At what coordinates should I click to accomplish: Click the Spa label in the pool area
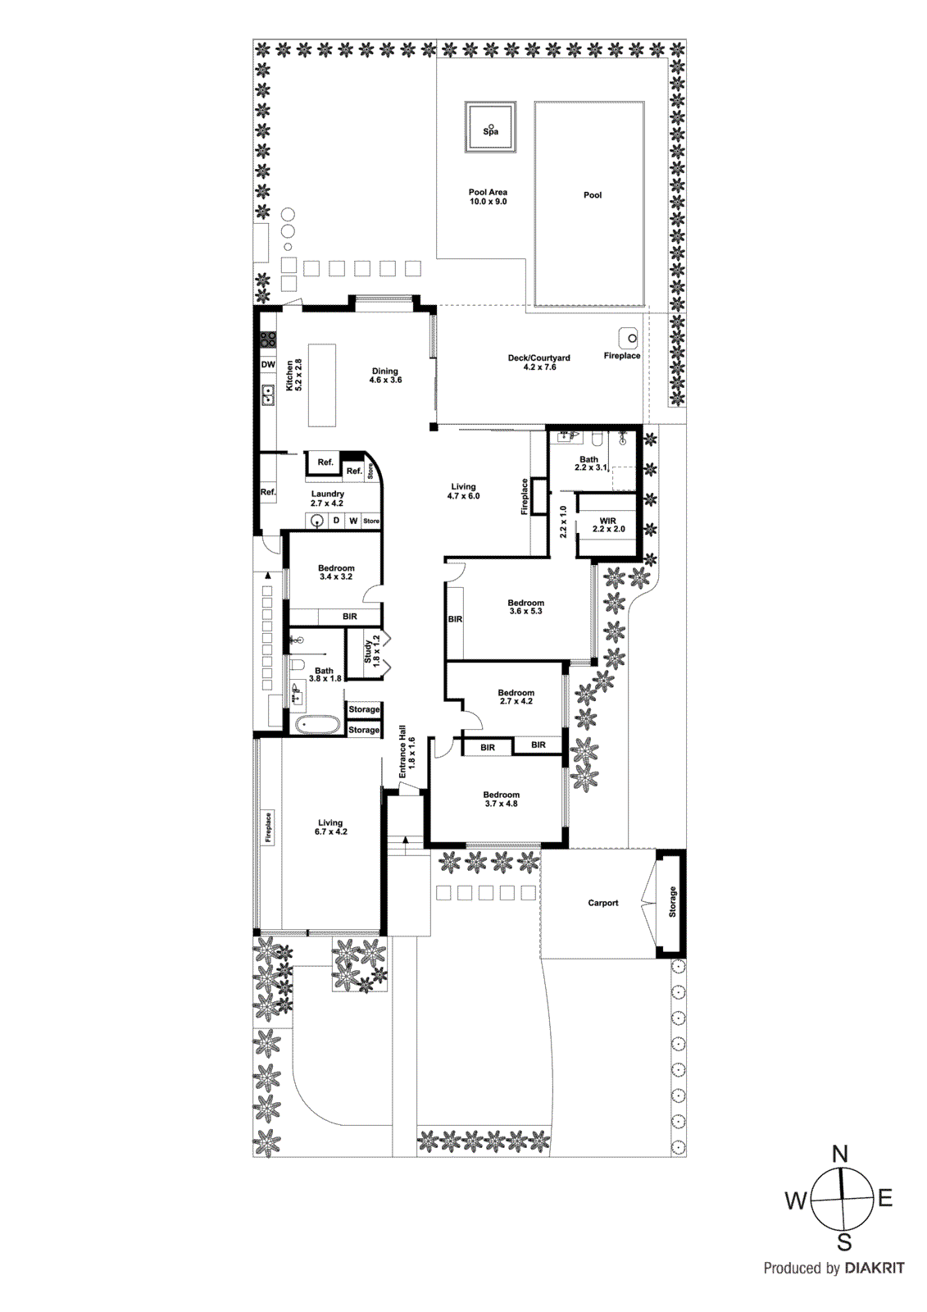tap(490, 131)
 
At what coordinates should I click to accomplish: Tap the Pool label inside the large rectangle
tap(593, 195)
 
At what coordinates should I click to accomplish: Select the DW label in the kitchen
tap(268, 364)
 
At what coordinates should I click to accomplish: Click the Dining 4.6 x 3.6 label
tap(385, 376)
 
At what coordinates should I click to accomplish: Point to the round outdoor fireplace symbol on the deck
tap(629, 336)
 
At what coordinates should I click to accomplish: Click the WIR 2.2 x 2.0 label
tap(608, 525)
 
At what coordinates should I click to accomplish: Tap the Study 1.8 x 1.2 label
tap(371, 650)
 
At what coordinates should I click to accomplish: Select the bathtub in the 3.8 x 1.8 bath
tap(316, 724)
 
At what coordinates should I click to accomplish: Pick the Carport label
tap(603, 903)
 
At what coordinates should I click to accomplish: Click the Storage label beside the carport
tap(673, 902)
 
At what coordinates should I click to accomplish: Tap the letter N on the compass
tap(840, 1155)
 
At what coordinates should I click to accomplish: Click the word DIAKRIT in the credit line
tap(874, 1269)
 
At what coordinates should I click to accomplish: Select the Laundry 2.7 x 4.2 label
tap(327, 499)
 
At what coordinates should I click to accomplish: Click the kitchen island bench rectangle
tap(322, 385)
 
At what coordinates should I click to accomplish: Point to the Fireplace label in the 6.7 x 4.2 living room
tap(268, 827)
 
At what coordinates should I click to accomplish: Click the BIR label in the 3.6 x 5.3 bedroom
tap(456, 619)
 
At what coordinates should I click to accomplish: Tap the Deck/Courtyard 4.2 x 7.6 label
tap(538, 362)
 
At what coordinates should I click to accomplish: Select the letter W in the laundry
tap(353, 521)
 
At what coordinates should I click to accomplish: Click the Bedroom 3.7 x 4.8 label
tap(501, 799)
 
